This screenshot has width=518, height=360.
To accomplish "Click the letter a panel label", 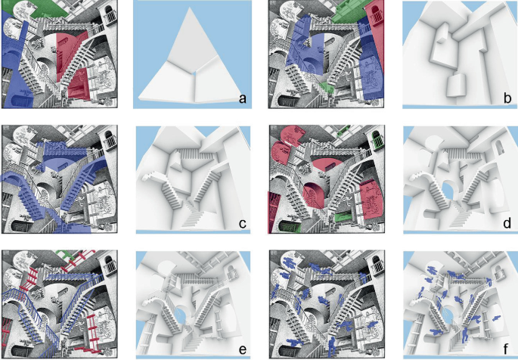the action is (243, 98).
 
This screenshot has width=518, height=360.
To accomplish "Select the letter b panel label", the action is (507, 98).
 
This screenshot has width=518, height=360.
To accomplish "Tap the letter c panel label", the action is (243, 224).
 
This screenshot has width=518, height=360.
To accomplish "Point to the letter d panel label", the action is (507, 223).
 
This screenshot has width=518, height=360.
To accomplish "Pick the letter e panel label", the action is (243, 349).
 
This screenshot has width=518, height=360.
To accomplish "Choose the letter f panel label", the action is (507, 349).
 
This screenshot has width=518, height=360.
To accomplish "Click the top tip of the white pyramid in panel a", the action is (190, 8).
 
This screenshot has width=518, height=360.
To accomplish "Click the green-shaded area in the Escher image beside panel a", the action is (39, 9).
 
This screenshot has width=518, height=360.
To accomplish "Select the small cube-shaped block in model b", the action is (455, 85).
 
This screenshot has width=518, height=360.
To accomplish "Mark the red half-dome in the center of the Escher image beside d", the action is (324, 164).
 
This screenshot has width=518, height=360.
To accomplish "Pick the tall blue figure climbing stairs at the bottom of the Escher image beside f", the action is (332, 347).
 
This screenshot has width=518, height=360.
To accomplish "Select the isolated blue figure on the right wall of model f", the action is (495, 318).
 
